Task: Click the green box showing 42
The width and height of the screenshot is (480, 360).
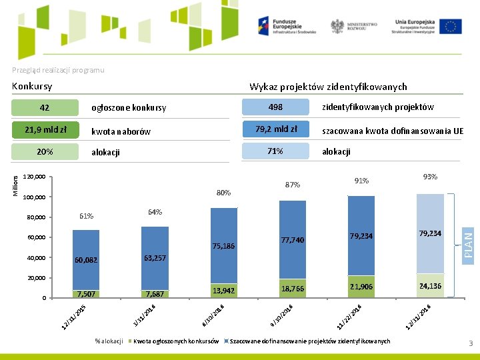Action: coord(45,107)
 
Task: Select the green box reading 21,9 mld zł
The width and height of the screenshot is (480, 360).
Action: coord(45,129)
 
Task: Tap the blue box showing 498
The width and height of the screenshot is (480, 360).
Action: coord(275,107)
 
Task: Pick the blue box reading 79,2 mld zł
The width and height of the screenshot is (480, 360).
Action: coord(275,129)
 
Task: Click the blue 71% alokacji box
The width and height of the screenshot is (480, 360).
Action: coord(275,151)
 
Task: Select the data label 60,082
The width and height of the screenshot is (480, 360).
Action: coord(87,260)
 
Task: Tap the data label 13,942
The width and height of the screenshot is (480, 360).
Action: coord(224,290)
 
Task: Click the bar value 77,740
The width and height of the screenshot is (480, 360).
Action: coord(293,240)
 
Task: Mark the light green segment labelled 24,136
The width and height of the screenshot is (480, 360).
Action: coord(430,286)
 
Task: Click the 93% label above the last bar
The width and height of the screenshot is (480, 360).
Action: coord(430,177)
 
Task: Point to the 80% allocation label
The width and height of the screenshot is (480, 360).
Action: coord(224,193)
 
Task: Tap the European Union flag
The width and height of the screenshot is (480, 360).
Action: coord(451,27)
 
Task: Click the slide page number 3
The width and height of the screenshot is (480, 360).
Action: coord(470,343)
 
